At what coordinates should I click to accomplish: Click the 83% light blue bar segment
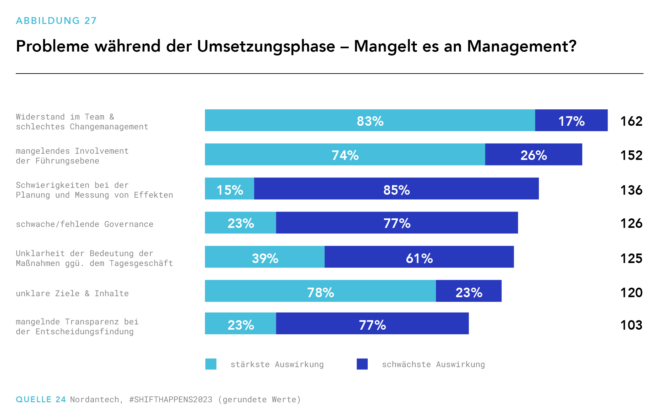pos(370,121)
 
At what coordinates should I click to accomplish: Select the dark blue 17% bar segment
pos(571,121)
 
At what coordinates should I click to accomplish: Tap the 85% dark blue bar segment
pos(396,189)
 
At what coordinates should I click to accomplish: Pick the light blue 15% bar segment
pos(229,189)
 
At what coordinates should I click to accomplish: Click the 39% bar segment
pos(265,257)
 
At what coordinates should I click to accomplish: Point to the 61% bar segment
pos(419,257)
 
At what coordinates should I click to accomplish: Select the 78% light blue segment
pos(320,291)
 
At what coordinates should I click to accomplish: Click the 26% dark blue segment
pos(533,155)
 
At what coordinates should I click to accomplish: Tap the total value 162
pos(631,121)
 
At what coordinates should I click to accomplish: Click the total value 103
pos(631,325)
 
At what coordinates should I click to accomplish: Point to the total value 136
pos(631,190)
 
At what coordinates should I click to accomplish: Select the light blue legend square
pos(211,364)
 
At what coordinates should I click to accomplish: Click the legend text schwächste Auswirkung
pos(433,364)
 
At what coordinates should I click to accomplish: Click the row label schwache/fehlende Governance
pos(85,224)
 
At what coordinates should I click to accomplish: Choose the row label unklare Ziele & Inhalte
pos(72,294)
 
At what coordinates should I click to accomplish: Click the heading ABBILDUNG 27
pos(56,21)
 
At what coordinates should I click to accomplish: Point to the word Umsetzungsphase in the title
pos(266,46)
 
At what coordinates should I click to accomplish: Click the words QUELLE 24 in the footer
pos(41,400)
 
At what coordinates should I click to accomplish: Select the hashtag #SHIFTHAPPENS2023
pos(171,400)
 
